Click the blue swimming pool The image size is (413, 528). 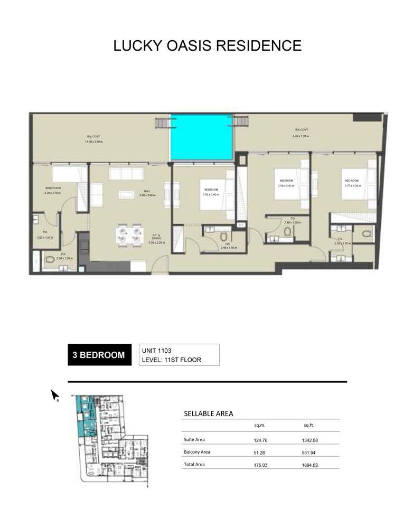(201, 138)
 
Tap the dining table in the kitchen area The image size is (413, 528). (130, 234)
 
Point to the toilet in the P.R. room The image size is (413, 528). (51, 259)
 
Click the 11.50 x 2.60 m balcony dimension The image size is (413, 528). (95, 142)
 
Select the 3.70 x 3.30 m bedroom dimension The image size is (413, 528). (352, 186)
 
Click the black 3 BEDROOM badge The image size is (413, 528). (99, 355)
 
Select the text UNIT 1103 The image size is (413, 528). (157, 350)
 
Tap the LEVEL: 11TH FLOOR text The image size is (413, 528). (172, 360)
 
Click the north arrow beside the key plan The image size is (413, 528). (54, 394)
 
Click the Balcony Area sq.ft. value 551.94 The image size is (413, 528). (310, 452)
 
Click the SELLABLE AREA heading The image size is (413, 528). (208, 413)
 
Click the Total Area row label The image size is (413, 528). (194, 465)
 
